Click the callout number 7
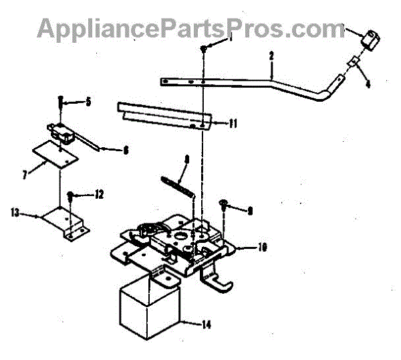click(25, 175)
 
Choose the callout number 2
click(271, 57)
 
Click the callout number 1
click(230, 39)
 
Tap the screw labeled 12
click(70, 196)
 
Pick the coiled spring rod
click(179, 183)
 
